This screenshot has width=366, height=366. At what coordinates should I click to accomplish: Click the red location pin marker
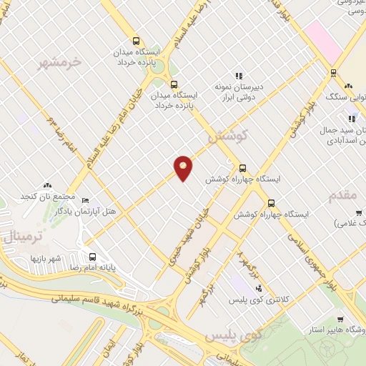coord(184,167)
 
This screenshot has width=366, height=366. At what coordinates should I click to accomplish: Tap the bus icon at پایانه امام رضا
coord(93,257)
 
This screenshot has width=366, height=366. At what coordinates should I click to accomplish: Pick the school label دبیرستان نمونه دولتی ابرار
coord(240,91)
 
